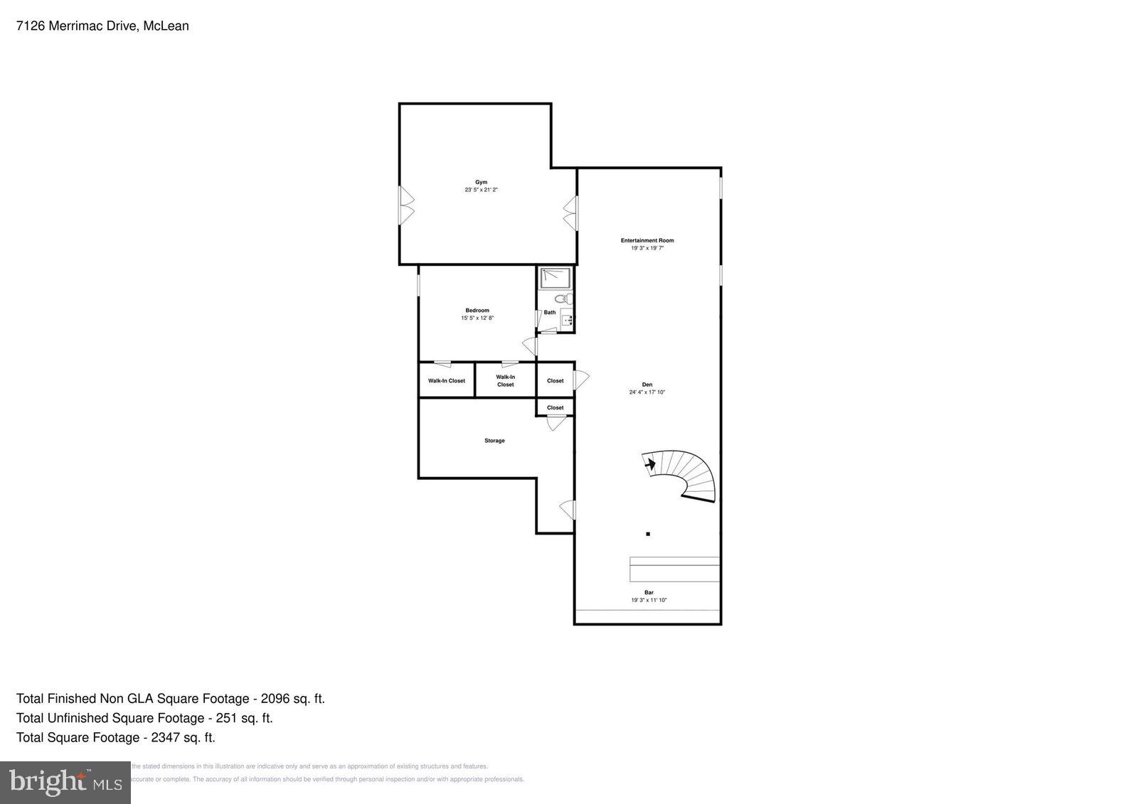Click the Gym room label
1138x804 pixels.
[x=482, y=182]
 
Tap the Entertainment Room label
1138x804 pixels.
[x=647, y=240]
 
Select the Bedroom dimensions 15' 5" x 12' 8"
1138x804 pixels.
[x=477, y=318]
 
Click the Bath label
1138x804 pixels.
[x=550, y=312]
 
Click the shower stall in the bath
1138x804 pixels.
[x=551, y=278]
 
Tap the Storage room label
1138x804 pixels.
[x=494, y=441]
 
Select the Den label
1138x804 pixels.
[x=647, y=385]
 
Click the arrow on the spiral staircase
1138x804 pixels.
[x=649, y=463]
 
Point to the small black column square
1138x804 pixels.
[x=648, y=534]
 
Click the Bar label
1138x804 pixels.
[x=649, y=592]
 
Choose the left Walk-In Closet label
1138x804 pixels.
[x=446, y=381]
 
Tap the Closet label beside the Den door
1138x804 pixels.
[x=555, y=381]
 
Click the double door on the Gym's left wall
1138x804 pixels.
[x=405, y=205]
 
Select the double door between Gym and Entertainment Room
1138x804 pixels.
[x=571, y=213]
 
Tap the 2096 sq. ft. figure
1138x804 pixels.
[x=292, y=699]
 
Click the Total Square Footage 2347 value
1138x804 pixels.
[x=183, y=737]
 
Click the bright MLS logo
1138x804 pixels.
[x=65, y=783]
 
